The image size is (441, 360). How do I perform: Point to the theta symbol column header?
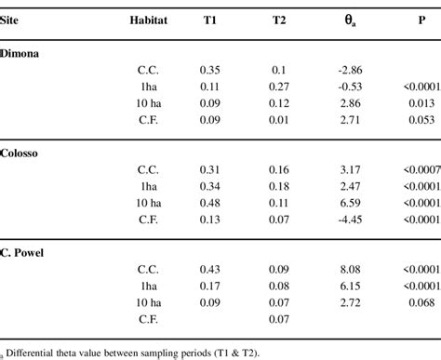(x=343, y=20)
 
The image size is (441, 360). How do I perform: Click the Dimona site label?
(x=19, y=53)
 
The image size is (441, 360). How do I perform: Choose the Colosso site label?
(x=20, y=153)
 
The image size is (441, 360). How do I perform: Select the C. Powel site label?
(x=22, y=252)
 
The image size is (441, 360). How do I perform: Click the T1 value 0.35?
(x=211, y=70)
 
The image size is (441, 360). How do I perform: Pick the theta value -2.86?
(x=342, y=70)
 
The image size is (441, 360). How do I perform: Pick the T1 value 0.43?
(x=211, y=269)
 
